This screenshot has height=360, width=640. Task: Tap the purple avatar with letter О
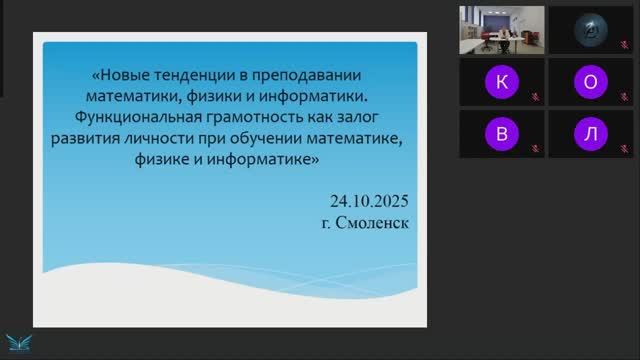coord(590,81)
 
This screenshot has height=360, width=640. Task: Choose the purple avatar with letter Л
coord(590,133)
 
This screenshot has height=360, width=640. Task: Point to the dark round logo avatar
coord(590,30)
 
